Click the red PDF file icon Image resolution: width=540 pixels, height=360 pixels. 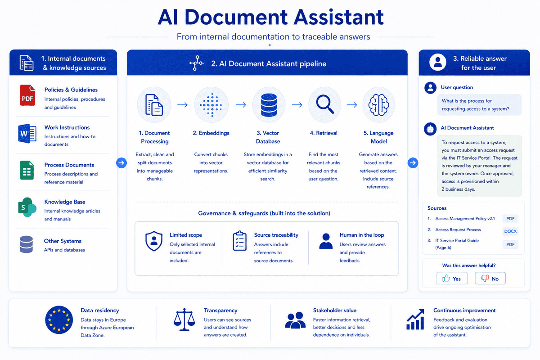coord(27,95)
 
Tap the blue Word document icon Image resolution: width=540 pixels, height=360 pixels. coord(27,133)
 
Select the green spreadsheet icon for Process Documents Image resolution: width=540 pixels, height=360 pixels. coord(27,170)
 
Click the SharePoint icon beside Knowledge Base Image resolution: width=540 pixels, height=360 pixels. coord(27,207)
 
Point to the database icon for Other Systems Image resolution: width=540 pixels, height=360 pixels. coord(26,244)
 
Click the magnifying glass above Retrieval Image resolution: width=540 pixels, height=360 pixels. coord(325,104)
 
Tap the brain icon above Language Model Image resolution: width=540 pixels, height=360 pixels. coord(378,105)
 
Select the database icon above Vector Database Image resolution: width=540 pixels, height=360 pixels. coord(269,105)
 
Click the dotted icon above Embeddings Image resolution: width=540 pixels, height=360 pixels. coord(211,105)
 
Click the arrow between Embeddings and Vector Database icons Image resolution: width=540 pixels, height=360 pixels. coord(241,105)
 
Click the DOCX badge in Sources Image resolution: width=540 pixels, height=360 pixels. coord(510,231)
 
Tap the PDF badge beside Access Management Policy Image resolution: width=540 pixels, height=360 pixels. coord(510,219)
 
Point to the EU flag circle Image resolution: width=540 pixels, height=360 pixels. coord(59,320)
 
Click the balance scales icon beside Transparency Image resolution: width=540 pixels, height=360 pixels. coord(184,319)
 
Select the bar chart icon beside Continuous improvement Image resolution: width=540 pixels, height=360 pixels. coord(415,319)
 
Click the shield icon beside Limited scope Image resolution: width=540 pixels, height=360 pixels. coord(154,241)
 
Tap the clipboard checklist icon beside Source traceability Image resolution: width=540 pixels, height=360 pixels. coord(239,241)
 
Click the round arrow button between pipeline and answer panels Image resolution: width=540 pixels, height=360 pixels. coord(413,163)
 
